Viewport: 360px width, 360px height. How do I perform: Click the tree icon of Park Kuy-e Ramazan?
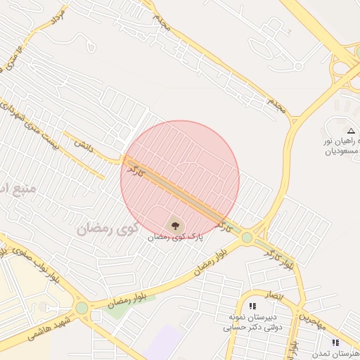tap(175, 226)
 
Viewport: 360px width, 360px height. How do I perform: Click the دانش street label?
tap(83, 143)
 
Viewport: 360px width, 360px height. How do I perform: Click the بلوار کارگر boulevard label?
tap(281, 257)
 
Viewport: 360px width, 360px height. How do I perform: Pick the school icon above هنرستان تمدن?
tap(335, 342)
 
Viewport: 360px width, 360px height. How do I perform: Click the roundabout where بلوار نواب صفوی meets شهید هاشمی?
tap(82, 307)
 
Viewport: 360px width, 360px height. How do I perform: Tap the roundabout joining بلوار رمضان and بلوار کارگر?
tap(247, 238)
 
